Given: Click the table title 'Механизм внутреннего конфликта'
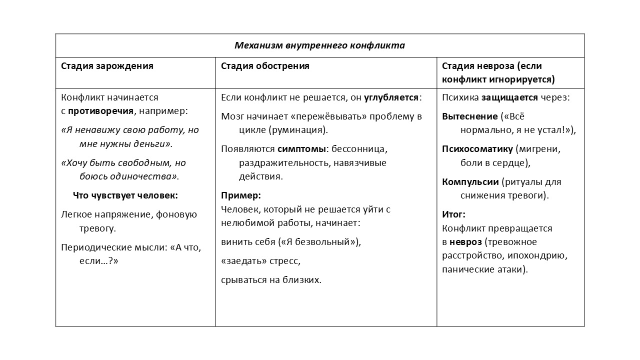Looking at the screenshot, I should pos(319,45).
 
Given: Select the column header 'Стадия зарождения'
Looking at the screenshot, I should pos(107,66).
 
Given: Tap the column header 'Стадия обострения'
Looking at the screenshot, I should pos(265,66).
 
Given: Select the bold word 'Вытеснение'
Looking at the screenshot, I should pos(470,116).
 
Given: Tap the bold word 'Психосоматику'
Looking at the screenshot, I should pos(477,149).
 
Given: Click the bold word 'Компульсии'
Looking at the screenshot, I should pos(470,181).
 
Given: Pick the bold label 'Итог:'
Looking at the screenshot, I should pos(453,214).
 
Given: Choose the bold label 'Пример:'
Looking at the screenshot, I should pos(241,195).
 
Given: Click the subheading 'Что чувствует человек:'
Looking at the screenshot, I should pos(125,195).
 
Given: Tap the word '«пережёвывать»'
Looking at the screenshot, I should pos(326,116).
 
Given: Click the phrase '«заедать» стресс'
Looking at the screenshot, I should pos(260,261).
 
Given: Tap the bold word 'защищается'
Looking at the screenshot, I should pos(509,97).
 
